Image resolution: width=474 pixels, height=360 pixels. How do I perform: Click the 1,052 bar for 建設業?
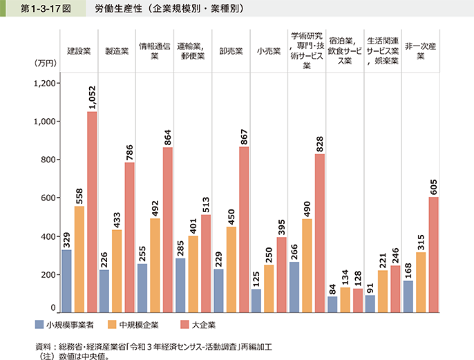(92, 212)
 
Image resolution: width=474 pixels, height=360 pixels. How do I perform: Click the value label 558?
(79, 193)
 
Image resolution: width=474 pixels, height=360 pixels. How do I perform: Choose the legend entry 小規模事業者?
(66, 323)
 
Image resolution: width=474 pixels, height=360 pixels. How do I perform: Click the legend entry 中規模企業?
(133, 323)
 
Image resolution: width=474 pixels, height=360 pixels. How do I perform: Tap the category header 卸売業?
(230, 51)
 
